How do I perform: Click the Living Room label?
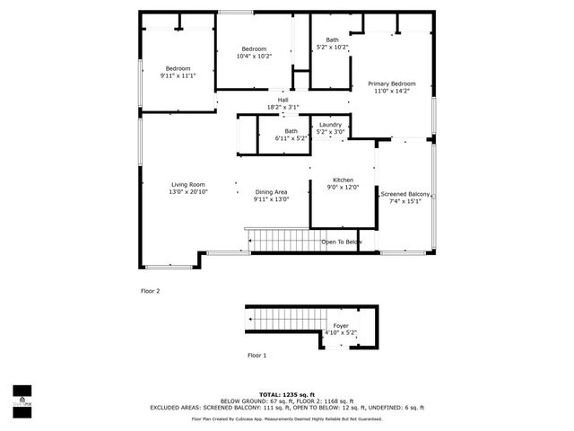coord(189,185)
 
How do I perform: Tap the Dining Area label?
coord(271,192)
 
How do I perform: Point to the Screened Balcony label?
coord(405,195)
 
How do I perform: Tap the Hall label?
coord(283,100)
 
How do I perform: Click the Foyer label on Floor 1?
coord(341,326)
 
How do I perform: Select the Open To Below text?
coord(342,242)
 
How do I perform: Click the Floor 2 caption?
coord(150,291)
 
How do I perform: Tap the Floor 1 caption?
coord(257,356)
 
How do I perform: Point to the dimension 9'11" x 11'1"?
coord(178,76)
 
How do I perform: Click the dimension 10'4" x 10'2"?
coord(254,56)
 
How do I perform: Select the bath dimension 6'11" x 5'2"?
coord(291,138)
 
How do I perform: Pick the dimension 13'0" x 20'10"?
coord(189,192)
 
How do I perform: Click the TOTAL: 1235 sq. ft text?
coord(287,394)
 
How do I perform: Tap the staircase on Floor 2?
coord(283,240)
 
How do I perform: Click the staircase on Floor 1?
coord(283,318)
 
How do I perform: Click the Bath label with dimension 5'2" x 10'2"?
coord(332,40)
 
